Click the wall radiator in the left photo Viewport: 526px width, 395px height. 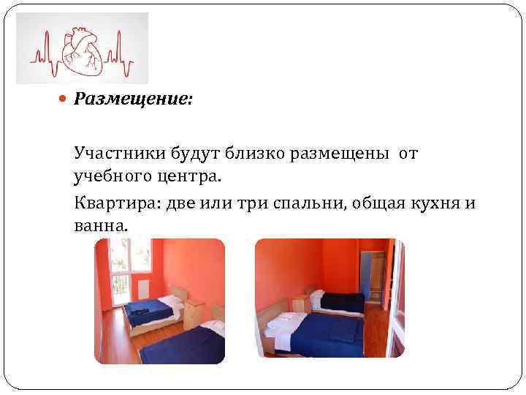142,291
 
